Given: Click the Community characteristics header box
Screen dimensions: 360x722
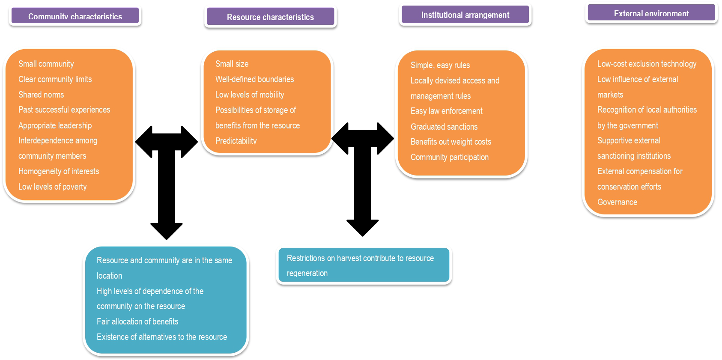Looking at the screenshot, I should [75, 16].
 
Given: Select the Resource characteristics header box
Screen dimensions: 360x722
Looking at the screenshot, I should [270, 17].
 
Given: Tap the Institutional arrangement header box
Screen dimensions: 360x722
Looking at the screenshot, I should [465, 15].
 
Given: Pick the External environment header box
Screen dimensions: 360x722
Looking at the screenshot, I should [651, 13].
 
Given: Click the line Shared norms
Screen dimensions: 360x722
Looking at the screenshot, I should [41, 95].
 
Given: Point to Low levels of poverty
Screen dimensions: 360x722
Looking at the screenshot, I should [52, 187].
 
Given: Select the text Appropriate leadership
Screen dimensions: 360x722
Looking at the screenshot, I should [55, 125].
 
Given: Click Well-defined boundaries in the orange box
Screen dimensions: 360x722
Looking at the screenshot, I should [254, 79].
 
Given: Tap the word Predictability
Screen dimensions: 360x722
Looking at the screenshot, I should [236, 141].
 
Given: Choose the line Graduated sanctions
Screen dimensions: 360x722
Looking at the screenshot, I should [444, 127].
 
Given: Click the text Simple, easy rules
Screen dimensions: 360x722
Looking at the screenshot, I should [440, 65].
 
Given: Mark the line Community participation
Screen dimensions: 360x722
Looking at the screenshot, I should [449, 157].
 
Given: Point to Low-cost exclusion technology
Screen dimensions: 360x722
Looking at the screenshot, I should [646, 64].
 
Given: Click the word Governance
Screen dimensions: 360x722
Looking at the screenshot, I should [617, 202].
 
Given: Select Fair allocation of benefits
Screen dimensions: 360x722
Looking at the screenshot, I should [137, 321].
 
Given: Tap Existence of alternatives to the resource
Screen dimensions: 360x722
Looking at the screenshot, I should [161, 337].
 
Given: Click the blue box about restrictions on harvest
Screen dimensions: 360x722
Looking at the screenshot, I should [364, 265].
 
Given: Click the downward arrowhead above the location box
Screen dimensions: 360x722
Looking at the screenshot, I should [167, 231].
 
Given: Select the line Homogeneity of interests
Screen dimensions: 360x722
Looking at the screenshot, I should [58, 171].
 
